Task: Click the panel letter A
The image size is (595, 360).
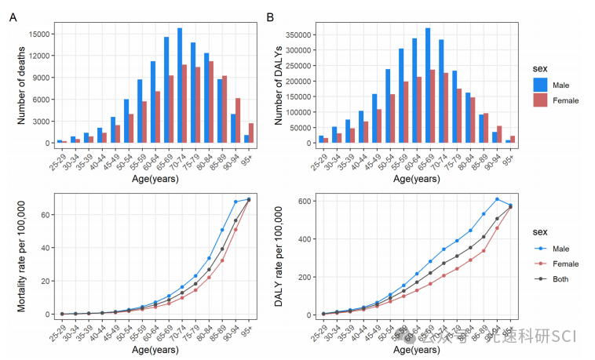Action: (12, 16)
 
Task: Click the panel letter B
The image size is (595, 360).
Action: (270, 16)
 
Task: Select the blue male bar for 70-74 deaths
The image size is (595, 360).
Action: (180, 86)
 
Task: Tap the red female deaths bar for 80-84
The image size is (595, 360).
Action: (210, 102)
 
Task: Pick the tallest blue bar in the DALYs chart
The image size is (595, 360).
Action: (428, 86)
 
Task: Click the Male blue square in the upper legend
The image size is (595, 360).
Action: (539, 84)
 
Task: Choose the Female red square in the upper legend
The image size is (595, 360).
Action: (539, 100)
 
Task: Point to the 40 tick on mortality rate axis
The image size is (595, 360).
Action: (46, 248)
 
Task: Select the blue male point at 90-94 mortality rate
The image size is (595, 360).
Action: (235, 202)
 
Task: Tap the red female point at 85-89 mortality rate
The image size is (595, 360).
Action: (222, 260)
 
